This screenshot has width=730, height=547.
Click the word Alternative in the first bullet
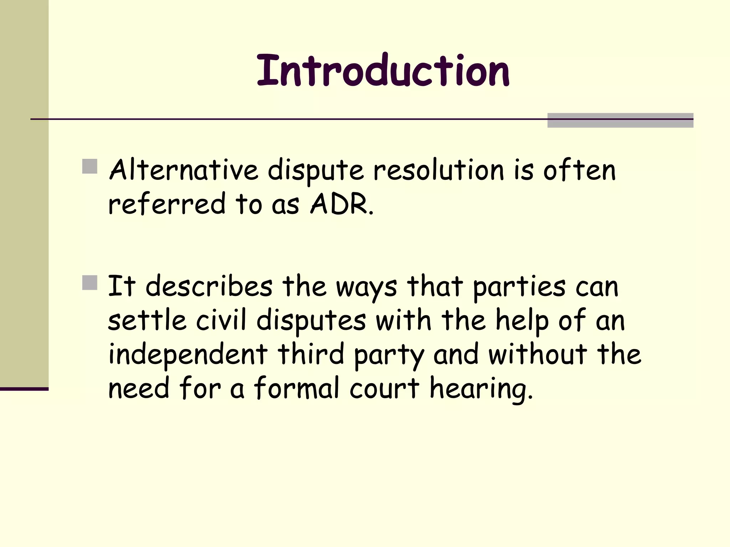coord(183,170)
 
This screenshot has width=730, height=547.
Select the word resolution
coord(438,170)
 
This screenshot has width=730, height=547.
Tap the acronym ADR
coord(339,204)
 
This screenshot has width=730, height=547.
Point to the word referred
coord(167,204)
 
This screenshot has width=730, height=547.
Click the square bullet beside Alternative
coord(89,166)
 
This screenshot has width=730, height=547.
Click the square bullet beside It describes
coord(89,283)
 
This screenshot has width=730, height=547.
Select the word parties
coord(519,287)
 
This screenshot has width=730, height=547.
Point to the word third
coord(311,354)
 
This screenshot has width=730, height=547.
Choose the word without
coord(538,354)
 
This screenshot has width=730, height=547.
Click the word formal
coord(297,388)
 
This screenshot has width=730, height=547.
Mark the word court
coord(384,389)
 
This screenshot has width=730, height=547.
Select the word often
coord(579,170)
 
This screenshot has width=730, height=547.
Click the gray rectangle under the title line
coord(620,120)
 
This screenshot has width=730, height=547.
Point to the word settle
coord(147,320)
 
